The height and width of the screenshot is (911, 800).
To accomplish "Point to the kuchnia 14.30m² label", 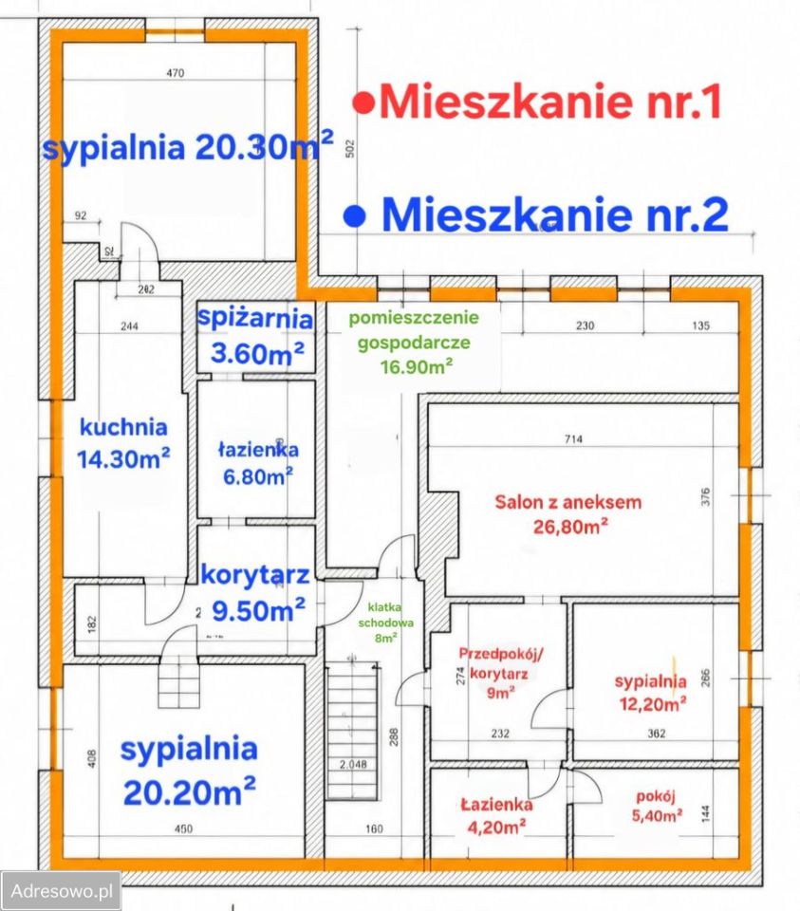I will click(123, 442).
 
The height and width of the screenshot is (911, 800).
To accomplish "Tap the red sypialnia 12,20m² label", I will click(650, 692).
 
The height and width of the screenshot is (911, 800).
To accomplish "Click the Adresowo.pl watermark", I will click(61, 892).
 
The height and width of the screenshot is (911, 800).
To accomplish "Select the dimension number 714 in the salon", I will click(572, 438).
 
